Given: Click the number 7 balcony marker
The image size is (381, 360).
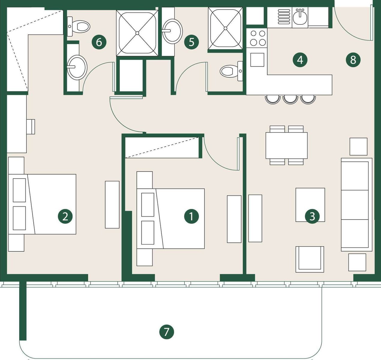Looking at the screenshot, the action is (166, 332).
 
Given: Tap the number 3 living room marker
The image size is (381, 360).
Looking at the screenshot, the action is (312, 217).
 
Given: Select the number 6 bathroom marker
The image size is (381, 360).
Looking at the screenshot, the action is (99, 42).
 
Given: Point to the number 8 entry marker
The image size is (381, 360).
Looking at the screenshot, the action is (353, 60).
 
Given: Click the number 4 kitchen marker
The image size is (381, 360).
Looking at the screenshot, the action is (300, 60).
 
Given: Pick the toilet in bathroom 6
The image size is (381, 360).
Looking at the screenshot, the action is (79, 26).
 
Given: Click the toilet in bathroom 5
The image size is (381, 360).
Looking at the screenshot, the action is (231, 71).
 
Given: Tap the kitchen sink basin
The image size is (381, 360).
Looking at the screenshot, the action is (300, 18).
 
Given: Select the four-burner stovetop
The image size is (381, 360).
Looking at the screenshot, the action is (257, 38).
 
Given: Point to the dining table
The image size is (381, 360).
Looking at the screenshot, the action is (286, 145).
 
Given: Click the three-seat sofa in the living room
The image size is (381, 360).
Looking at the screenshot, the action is (357, 205).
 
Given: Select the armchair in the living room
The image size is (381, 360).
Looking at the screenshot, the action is (310, 259).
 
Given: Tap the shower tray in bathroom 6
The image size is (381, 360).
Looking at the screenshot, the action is (137, 33).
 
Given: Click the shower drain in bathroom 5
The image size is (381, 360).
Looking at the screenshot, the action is (225, 28).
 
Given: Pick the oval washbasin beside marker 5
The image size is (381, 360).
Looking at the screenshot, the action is (172, 31).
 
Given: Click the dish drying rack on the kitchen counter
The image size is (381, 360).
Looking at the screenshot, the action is (284, 16).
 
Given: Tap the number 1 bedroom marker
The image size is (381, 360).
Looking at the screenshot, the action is (191, 216).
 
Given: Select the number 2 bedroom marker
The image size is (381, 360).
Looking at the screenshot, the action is (65, 216).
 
